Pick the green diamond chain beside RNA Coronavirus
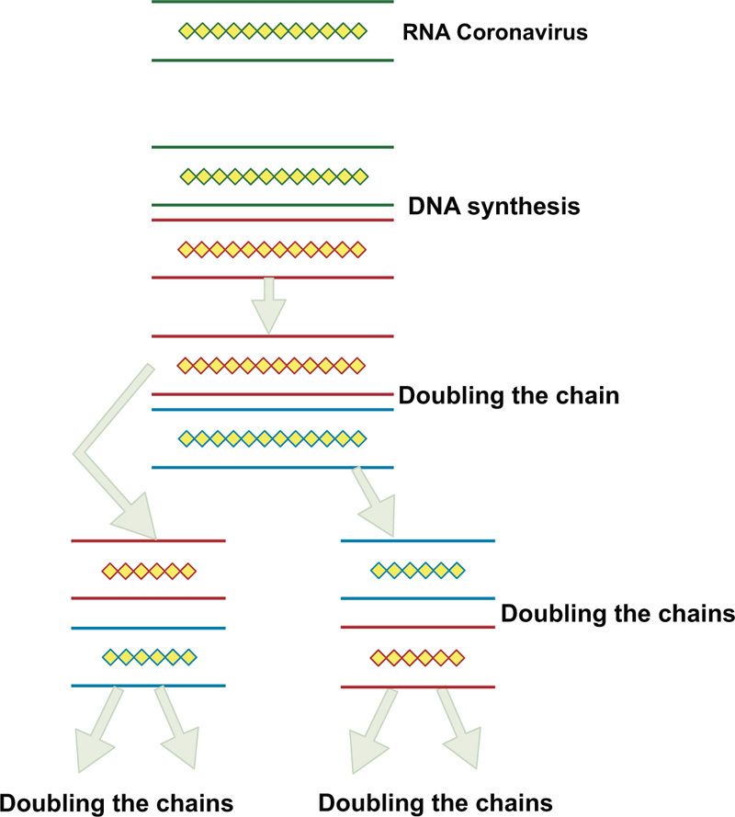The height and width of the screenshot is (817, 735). pos(272,31)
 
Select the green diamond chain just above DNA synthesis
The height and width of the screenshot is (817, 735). pos(273,176)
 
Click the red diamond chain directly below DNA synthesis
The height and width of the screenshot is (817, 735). pos(271,249)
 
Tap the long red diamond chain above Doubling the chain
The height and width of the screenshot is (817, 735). pos(271,365)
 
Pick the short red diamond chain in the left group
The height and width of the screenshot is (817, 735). pos(149,571)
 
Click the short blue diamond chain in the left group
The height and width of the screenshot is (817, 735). pos(149,657)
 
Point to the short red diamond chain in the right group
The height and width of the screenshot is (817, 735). pos(417,657)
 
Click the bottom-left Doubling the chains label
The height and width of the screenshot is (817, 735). pos(117,801)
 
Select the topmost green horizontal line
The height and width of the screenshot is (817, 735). pos(273,2)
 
